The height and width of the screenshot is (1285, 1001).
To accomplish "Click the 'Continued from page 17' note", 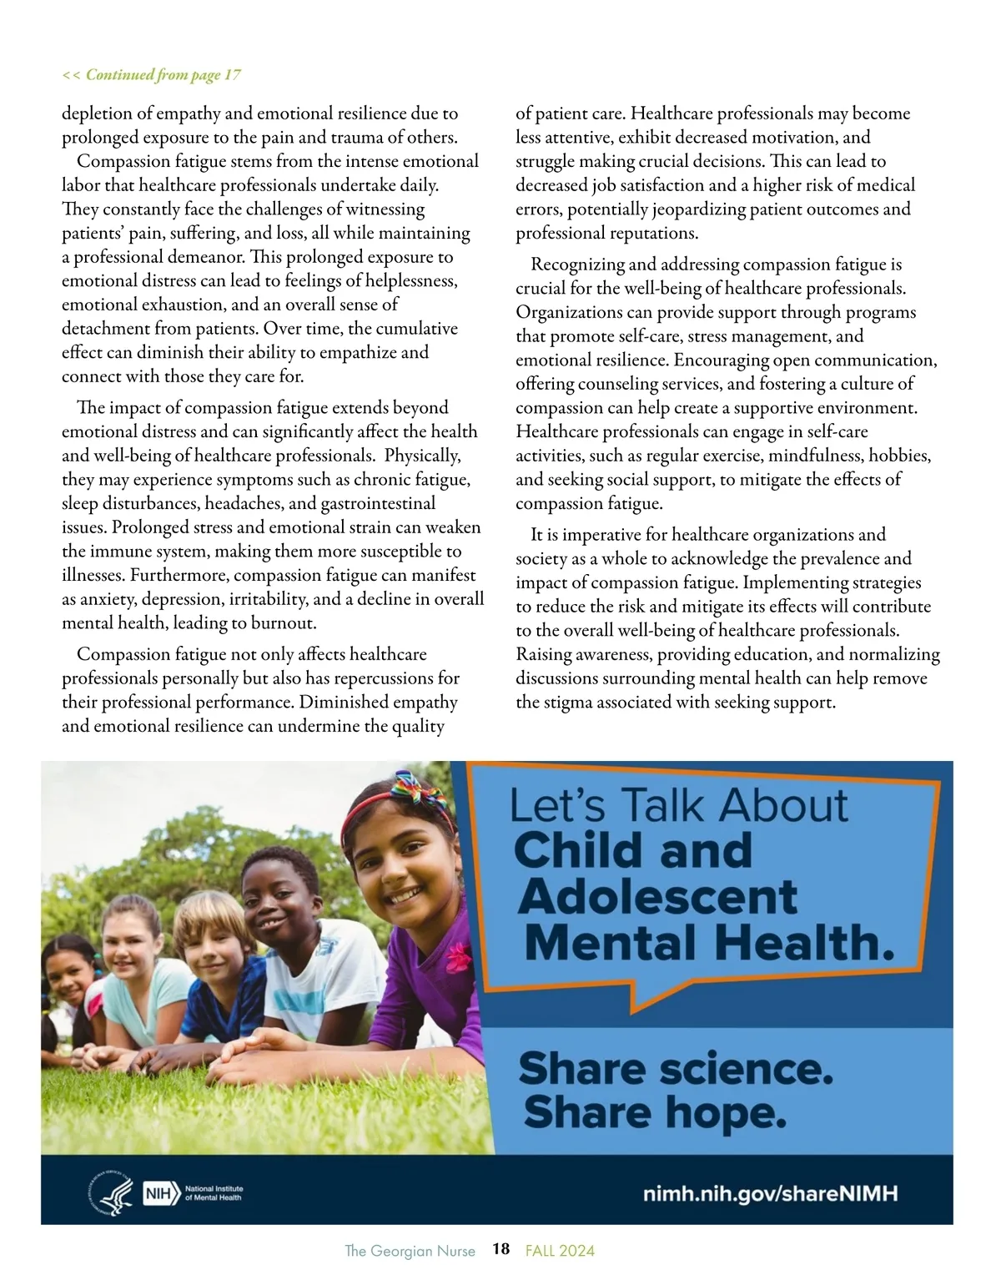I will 152,75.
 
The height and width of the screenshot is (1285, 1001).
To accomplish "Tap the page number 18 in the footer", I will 500,1249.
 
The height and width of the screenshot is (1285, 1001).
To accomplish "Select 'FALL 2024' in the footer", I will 560,1250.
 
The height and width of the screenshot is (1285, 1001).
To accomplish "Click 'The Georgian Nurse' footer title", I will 410,1250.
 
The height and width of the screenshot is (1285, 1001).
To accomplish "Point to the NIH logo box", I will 162,1193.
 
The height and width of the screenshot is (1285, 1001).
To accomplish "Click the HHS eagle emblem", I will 111,1193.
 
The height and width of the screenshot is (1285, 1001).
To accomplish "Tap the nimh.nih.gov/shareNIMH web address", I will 770,1193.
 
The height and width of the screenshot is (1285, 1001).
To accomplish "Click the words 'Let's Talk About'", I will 678,806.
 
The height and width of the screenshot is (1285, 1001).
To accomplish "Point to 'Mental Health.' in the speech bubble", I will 710,943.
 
